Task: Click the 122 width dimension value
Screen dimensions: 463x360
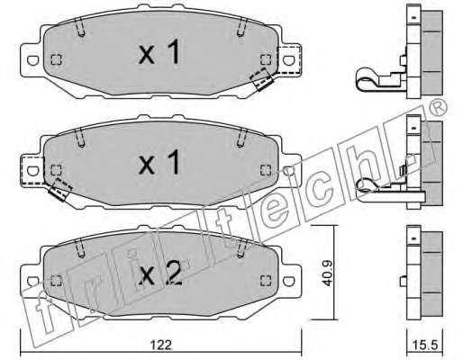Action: (x=161, y=346)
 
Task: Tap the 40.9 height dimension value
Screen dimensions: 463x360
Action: (x=327, y=273)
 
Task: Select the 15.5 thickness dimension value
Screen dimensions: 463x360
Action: (x=424, y=346)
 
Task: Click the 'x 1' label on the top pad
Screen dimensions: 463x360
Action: (x=159, y=52)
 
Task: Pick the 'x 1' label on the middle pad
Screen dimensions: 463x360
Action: (x=159, y=162)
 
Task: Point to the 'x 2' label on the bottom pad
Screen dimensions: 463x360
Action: (x=160, y=273)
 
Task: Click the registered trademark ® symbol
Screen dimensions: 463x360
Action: (x=439, y=106)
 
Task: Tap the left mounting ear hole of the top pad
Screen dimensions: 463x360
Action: (x=32, y=60)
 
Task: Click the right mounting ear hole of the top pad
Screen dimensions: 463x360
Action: (x=288, y=60)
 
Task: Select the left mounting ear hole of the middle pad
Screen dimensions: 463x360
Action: (x=32, y=171)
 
